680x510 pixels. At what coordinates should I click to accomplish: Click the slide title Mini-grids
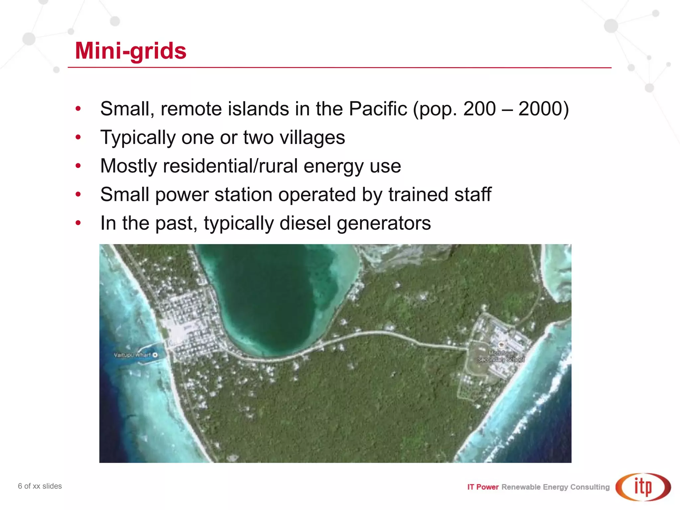pyautogui.click(x=131, y=51)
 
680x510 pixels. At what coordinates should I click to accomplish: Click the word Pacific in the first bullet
pyautogui.click(x=378, y=109)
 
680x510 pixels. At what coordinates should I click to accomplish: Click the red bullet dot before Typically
pyautogui.click(x=78, y=137)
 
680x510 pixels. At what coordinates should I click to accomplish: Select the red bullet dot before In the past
pyautogui.click(x=78, y=223)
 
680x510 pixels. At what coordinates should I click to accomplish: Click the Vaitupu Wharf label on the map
pyautogui.click(x=132, y=355)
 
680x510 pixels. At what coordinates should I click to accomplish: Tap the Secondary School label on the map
pyautogui.click(x=501, y=359)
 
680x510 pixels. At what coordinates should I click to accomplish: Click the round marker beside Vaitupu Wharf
pyautogui.click(x=155, y=355)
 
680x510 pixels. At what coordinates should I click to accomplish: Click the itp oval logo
pyautogui.click(x=643, y=487)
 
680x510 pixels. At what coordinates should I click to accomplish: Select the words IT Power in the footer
pyautogui.click(x=483, y=487)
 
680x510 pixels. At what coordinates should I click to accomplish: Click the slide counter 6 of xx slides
pyautogui.click(x=40, y=486)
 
